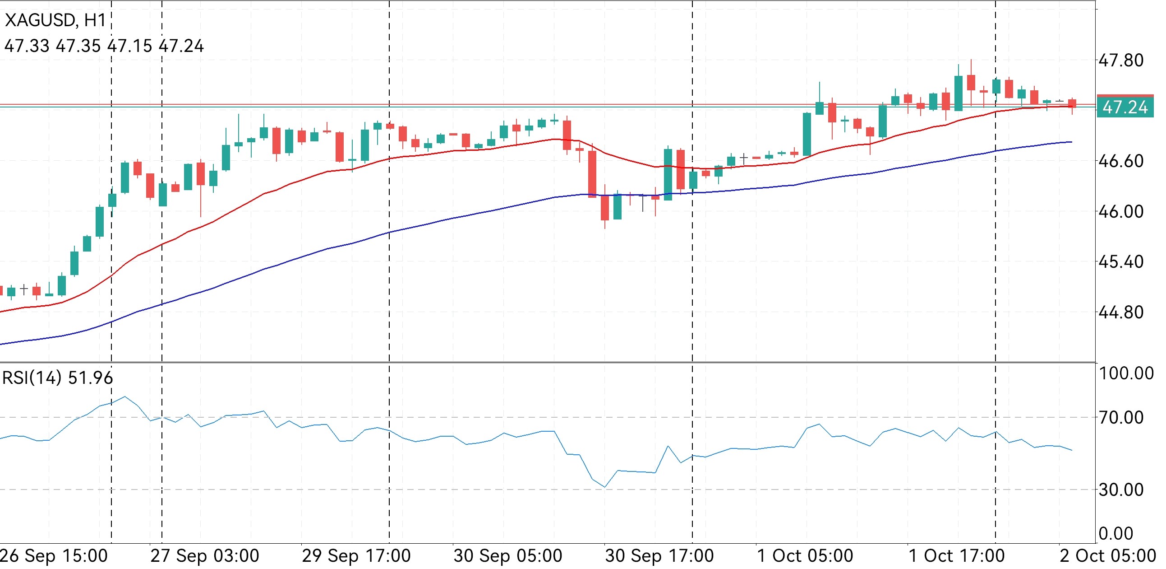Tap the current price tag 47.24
pos(1125,107)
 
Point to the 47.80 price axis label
pos(1121,60)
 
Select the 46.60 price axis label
pos(1121,161)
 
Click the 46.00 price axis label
pos(1121,211)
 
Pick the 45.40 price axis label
pos(1121,262)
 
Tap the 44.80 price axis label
pos(1121,312)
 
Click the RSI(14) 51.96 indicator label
pos(57,378)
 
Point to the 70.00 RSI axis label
pos(1121,417)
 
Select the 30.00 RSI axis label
pos(1121,490)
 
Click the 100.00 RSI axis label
pos(1126,373)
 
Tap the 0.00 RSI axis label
pos(1116,534)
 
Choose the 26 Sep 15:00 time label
pos(53,556)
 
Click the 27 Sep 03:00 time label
pos(205,556)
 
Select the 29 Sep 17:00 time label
pos(356,556)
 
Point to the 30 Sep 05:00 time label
pos(508,556)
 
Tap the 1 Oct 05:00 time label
pos(805,556)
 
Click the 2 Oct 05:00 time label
pos(1108,556)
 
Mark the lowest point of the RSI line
pos(605,487)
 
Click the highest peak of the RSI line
pos(125,396)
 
